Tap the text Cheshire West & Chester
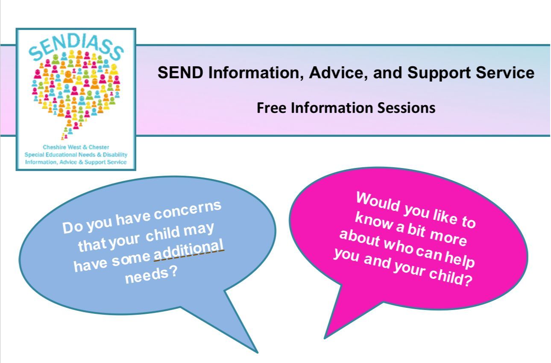coord(76,147)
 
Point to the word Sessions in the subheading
coord(406,108)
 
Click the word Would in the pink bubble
coord(378,202)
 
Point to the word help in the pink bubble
coord(460,259)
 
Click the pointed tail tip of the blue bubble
coord(257,353)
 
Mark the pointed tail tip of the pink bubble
coord(325,338)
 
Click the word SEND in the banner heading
coord(181,73)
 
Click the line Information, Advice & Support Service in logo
coord(76,162)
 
